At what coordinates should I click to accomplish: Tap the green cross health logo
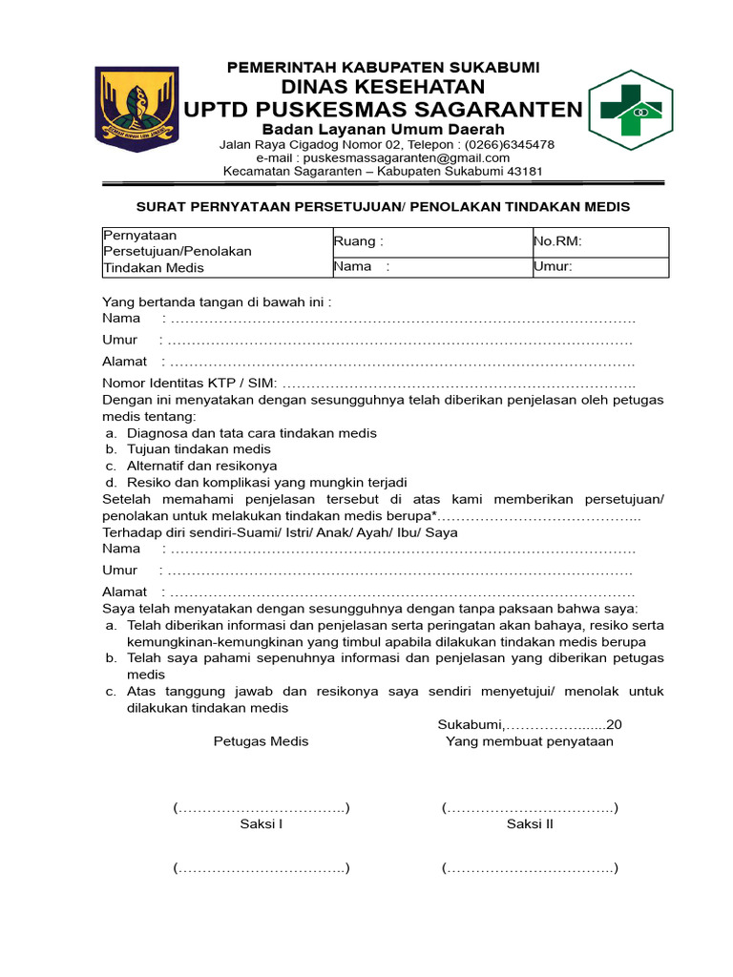click(631, 111)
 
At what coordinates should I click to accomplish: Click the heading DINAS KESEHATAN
click(383, 87)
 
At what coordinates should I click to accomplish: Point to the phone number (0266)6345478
click(509, 144)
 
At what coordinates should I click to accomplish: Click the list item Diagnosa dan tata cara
click(252, 432)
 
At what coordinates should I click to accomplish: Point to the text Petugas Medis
click(261, 741)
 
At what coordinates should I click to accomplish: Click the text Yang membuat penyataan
click(530, 741)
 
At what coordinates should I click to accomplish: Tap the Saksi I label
click(261, 824)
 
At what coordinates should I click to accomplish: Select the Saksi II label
click(530, 824)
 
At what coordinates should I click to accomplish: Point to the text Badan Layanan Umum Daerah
click(383, 129)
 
